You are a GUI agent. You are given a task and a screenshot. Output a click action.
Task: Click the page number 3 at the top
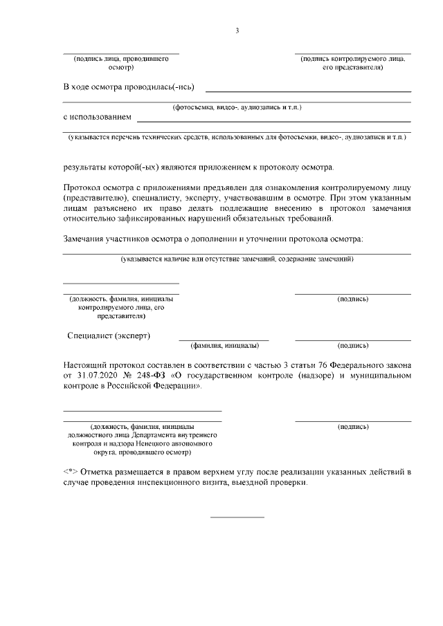[x=237, y=30]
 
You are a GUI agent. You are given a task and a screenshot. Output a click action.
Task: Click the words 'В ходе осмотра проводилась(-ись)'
[x=129, y=87]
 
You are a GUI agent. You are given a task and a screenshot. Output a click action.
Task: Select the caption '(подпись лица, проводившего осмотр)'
[x=121, y=64]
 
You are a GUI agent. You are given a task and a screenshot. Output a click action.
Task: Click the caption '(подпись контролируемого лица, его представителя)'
[x=352, y=64]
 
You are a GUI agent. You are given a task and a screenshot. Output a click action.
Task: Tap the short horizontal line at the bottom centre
[x=237, y=517]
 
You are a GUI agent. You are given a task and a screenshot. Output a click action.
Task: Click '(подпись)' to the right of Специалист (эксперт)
[x=352, y=344]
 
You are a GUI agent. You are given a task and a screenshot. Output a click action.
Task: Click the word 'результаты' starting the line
[x=86, y=167]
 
